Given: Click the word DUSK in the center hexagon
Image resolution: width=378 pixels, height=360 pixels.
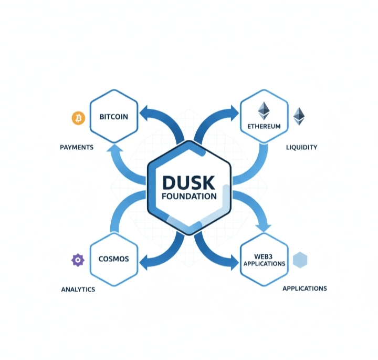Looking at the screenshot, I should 188,182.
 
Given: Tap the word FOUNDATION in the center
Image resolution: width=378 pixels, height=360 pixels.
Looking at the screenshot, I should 189,197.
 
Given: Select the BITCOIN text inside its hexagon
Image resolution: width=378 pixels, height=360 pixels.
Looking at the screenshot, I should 114,117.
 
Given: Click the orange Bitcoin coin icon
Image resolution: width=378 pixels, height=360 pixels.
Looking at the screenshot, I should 78,118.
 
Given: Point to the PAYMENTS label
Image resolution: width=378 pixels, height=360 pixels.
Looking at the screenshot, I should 77,147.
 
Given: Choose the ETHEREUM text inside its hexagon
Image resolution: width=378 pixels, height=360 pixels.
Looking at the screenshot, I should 264,127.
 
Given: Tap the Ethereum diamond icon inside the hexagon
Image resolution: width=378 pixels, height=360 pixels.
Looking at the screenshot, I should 264,111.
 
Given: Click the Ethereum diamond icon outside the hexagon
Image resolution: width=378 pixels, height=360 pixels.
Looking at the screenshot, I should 299,116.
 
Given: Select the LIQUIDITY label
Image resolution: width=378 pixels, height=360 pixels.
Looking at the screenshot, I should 301,147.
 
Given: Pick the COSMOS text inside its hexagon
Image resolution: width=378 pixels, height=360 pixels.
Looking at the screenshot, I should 114,259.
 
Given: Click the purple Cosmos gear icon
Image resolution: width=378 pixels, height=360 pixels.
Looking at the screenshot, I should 78,260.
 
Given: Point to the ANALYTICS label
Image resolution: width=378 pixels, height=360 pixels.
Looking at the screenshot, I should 78,289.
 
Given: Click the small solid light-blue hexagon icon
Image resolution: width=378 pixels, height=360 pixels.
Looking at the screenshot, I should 300,260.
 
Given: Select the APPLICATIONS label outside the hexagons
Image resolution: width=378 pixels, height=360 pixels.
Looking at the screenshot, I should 304,289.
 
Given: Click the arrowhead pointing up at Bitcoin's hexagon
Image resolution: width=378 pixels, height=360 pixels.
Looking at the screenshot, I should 114,150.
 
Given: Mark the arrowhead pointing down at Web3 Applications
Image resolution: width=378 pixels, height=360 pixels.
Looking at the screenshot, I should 264,227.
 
